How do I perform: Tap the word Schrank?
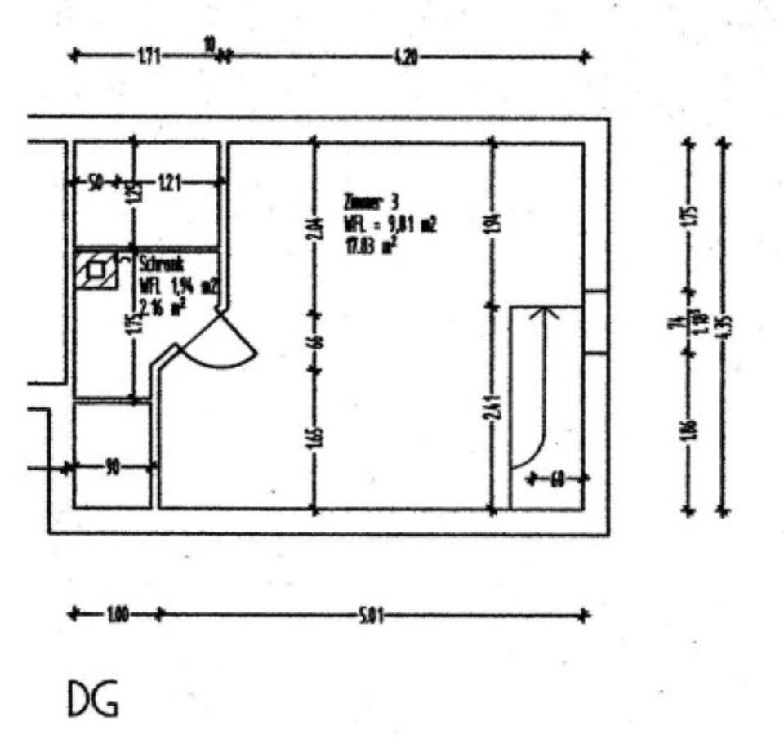[x=161, y=265]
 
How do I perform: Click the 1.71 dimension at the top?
[x=149, y=56]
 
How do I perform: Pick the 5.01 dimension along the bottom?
[x=371, y=614]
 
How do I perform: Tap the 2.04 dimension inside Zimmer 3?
[x=314, y=230]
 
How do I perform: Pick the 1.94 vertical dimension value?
[x=492, y=221]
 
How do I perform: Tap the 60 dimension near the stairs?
[x=557, y=479]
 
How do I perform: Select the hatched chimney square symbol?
[x=96, y=270]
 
